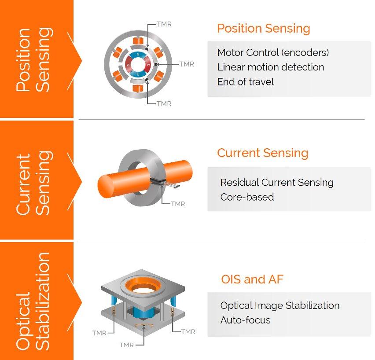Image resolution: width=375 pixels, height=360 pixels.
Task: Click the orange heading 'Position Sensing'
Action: pos(264,29)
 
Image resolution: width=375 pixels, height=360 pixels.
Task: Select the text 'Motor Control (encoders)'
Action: pos(273,52)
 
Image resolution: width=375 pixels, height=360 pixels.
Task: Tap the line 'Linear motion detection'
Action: pos(271,67)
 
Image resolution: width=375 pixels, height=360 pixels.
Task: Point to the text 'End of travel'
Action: pos(245,82)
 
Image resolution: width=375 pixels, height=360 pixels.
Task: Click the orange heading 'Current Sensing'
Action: pos(263,153)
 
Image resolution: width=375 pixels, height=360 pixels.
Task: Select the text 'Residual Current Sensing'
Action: pos(277,182)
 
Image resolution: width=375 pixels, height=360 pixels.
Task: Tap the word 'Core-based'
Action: pos(247,197)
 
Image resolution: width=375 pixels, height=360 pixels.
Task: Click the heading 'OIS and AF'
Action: pos(252,279)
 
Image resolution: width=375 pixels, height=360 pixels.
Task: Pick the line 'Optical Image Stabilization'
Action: pos(280,305)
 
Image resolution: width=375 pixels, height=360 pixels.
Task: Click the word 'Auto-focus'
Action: pos(245,320)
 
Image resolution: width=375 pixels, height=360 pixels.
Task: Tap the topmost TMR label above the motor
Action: pos(164,24)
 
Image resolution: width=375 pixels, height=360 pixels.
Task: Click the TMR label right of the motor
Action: pos(187,64)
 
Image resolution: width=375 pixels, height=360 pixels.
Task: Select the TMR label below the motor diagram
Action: pos(164,104)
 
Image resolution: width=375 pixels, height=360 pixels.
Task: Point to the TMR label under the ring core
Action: pos(178,204)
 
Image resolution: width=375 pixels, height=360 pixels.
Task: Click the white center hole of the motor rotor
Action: pos(138,65)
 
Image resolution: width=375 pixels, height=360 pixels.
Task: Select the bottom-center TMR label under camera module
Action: pos(127,345)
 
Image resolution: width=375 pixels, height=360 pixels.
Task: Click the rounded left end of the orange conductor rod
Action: pos(105,186)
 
